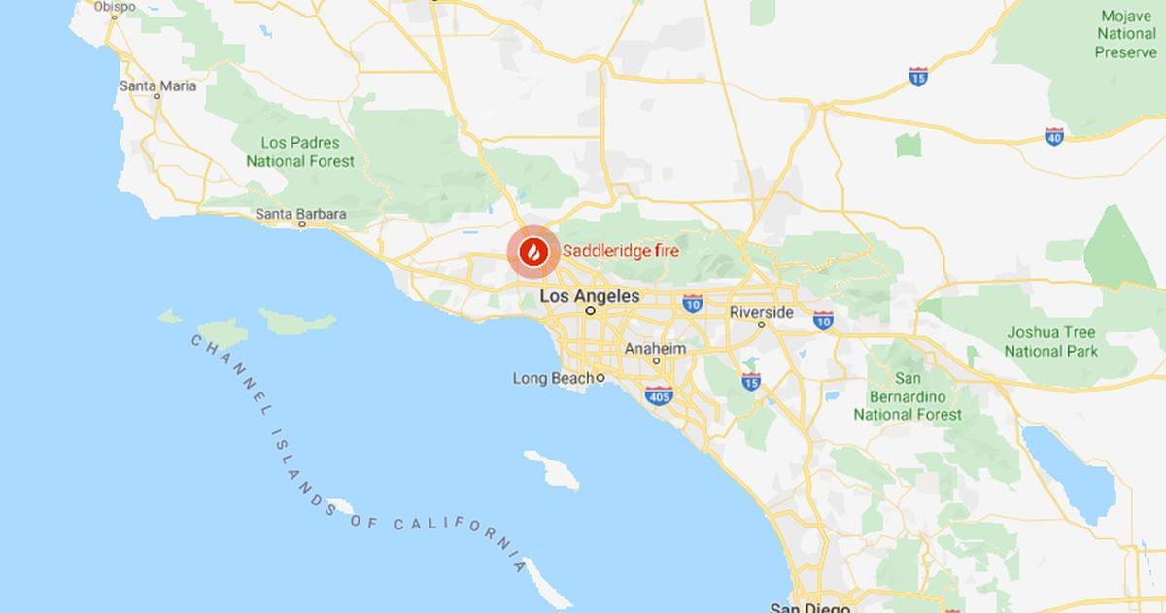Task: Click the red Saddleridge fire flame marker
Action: pyautogui.click(x=532, y=252)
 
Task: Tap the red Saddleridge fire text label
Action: pyautogui.click(x=620, y=251)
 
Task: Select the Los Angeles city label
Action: pyautogui.click(x=589, y=295)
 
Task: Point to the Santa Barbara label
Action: pyautogui.click(x=300, y=213)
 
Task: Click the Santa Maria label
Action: pyautogui.click(x=157, y=85)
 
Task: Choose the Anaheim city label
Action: pyautogui.click(x=655, y=349)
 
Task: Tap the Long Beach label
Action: pyautogui.click(x=553, y=378)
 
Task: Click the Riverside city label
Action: pyautogui.click(x=762, y=312)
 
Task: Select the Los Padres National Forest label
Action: pyautogui.click(x=300, y=152)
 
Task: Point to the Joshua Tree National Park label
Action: pyautogui.click(x=1051, y=341)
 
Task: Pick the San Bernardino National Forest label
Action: pyautogui.click(x=908, y=395)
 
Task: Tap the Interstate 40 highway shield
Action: pyautogui.click(x=1054, y=135)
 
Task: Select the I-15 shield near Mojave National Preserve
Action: pyautogui.click(x=917, y=76)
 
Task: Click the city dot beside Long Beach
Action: pyautogui.click(x=600, y=378)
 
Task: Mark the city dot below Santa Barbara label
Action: pyautogui.click(x=301, y=224)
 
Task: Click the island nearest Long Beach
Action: pyautogui.click(x=551, y=469)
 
